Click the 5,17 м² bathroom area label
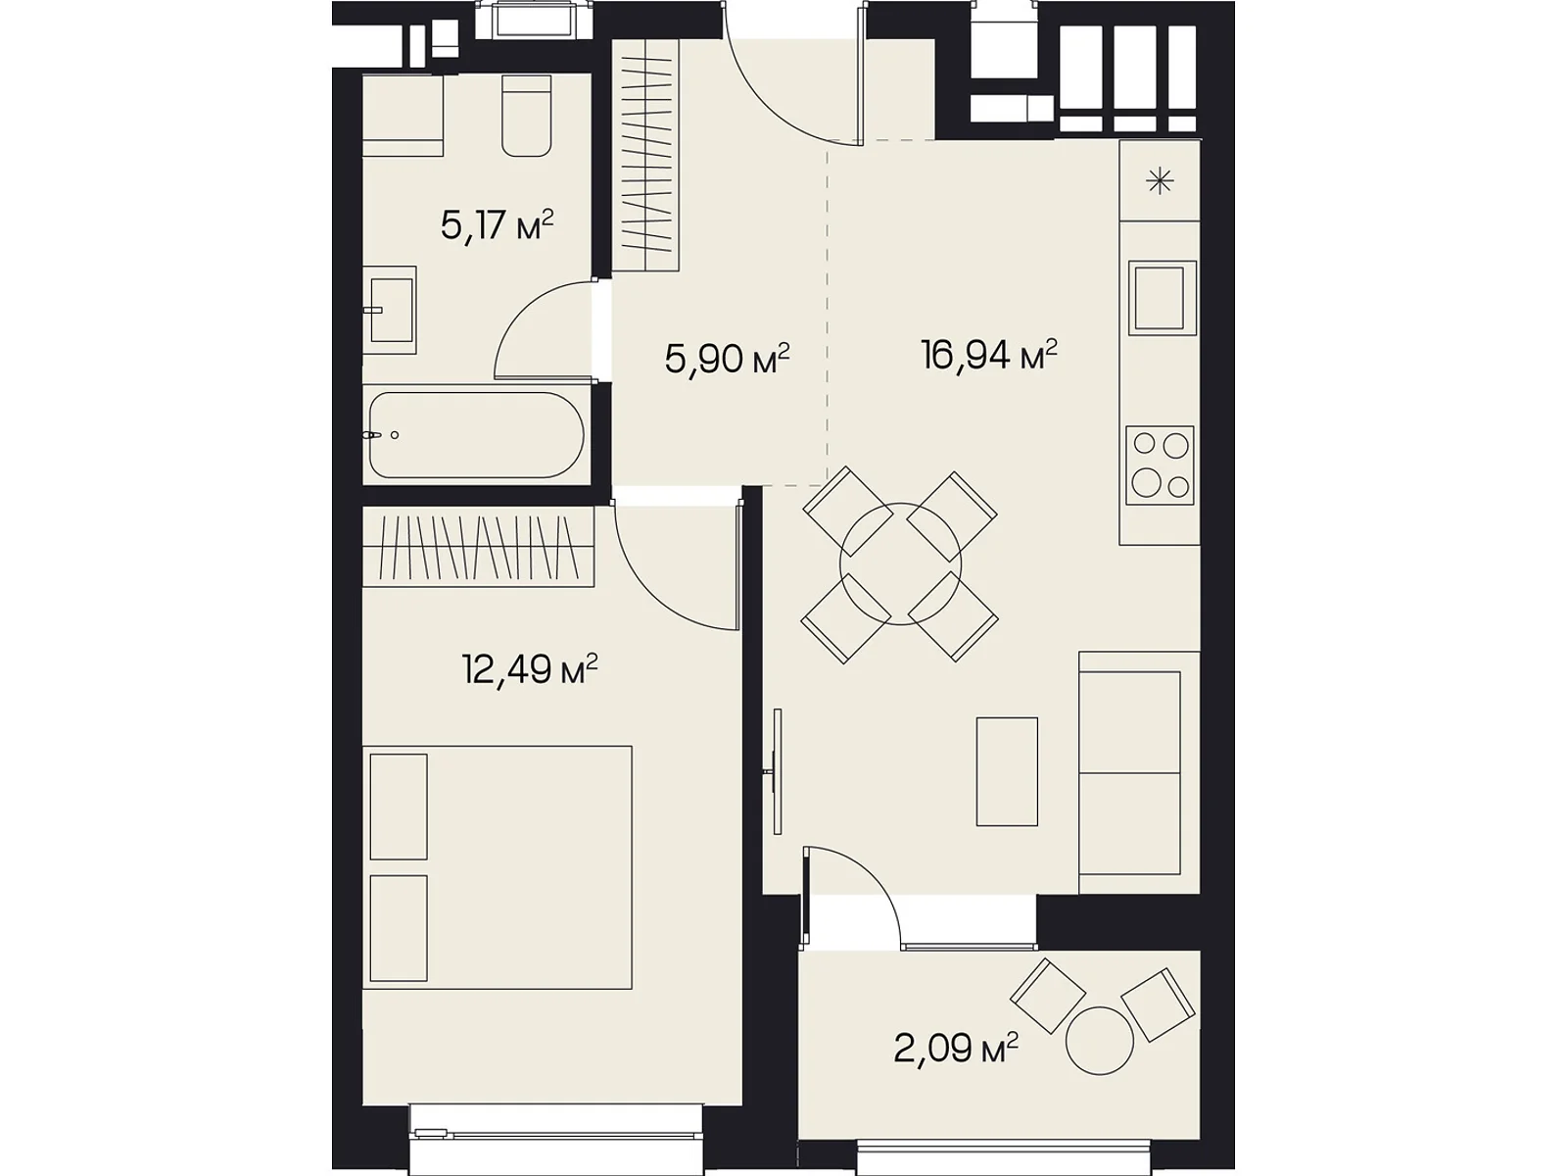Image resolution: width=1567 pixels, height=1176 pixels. tap(497, 225)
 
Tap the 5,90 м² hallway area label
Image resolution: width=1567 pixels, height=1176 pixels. tap(727, 359)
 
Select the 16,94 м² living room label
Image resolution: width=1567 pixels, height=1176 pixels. tap(989, 355)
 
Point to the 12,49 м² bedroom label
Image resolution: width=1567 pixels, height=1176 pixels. tap(530, 669)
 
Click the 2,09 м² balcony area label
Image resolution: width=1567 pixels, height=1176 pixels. tap(956, 1049)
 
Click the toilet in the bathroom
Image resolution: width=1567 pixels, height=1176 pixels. tap(527, 115)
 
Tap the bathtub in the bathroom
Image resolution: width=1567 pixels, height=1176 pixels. tap(477, 435)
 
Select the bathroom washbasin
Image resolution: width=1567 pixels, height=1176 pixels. tap(390, 311)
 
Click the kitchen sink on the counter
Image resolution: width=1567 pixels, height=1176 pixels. tap(1163, 298)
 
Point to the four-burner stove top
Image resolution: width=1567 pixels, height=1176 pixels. tap(1161, 465)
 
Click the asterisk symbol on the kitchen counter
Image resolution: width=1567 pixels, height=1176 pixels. tap(1160, 180)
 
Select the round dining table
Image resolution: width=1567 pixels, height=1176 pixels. tap(901, 564)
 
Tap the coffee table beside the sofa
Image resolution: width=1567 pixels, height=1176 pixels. tap(1007, 772)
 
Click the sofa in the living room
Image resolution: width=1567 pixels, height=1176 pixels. tap(1139, 772)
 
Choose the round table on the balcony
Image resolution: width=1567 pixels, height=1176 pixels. tap(1100, 1041)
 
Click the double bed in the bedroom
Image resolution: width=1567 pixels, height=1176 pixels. tap(498, 867)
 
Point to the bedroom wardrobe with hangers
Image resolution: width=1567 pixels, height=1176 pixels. tap(478, 547)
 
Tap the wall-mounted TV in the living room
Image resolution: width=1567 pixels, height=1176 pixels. tap(777, 771)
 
